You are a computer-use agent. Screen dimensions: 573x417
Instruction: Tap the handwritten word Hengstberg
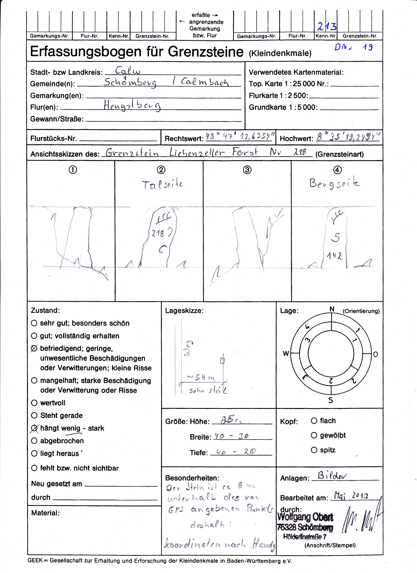(132, 106)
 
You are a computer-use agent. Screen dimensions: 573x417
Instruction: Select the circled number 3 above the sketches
(247, 170)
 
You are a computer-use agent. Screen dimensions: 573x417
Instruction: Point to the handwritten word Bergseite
(334, 183)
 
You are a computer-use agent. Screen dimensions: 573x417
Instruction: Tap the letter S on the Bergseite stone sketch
(335, 237)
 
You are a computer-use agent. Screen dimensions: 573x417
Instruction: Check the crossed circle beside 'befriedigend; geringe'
(34, 348)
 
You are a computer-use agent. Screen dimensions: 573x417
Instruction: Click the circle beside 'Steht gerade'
(34, 415)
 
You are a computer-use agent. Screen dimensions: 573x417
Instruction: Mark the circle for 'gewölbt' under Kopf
(314, 435)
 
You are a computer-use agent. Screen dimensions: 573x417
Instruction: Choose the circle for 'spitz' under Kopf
(314, 450)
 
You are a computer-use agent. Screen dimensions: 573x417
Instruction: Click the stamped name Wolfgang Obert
(305, 517)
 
